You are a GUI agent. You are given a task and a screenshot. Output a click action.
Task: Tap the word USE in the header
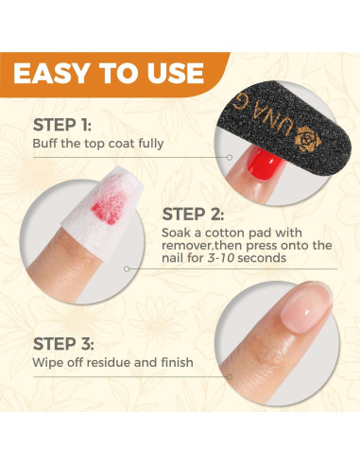coord(169,73)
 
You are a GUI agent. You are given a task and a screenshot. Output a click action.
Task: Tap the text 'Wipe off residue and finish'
coord(112,362)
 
